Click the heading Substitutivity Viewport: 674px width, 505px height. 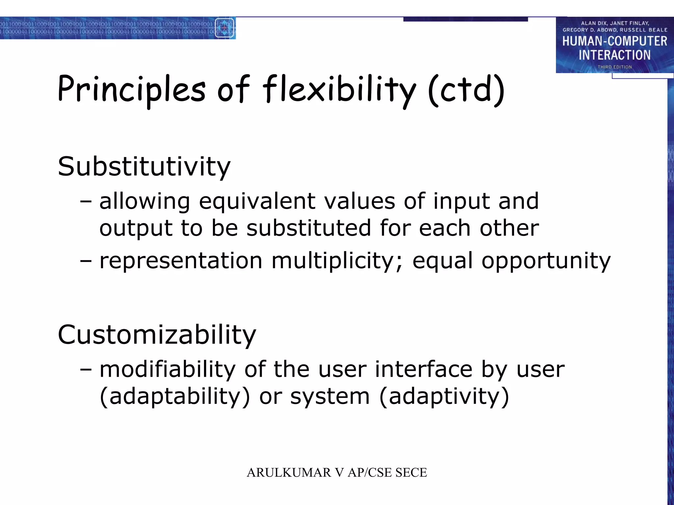[x=144, y=167]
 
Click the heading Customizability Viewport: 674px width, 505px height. [x=157, y=335]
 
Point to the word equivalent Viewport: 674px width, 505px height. [x=257, y=201]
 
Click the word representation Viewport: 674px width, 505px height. [x=181, y=261]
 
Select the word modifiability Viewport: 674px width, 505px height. [x=167, y=369]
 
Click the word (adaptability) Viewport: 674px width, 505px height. [x=175, y=397]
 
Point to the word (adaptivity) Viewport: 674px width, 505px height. [x=444, y=397]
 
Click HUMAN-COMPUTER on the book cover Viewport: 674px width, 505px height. [x=614, y=41]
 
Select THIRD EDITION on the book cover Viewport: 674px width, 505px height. [x=614, y=67]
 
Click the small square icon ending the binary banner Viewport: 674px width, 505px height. [x=225, y=28]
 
